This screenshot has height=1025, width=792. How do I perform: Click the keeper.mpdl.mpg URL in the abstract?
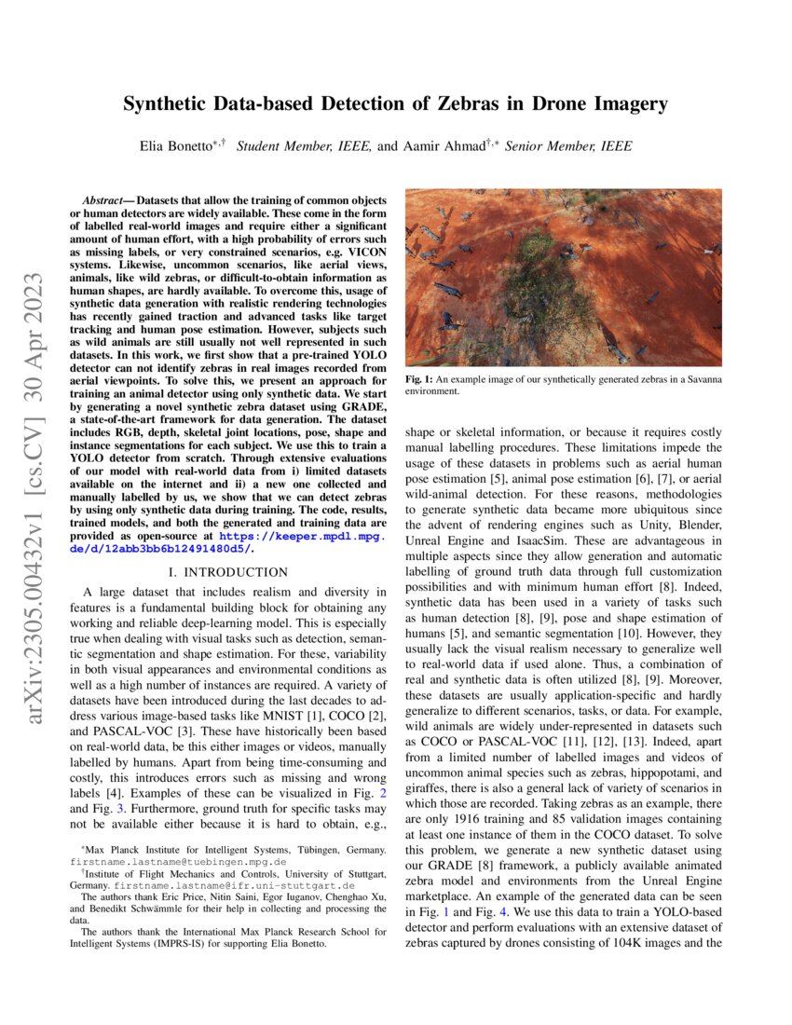304,538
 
